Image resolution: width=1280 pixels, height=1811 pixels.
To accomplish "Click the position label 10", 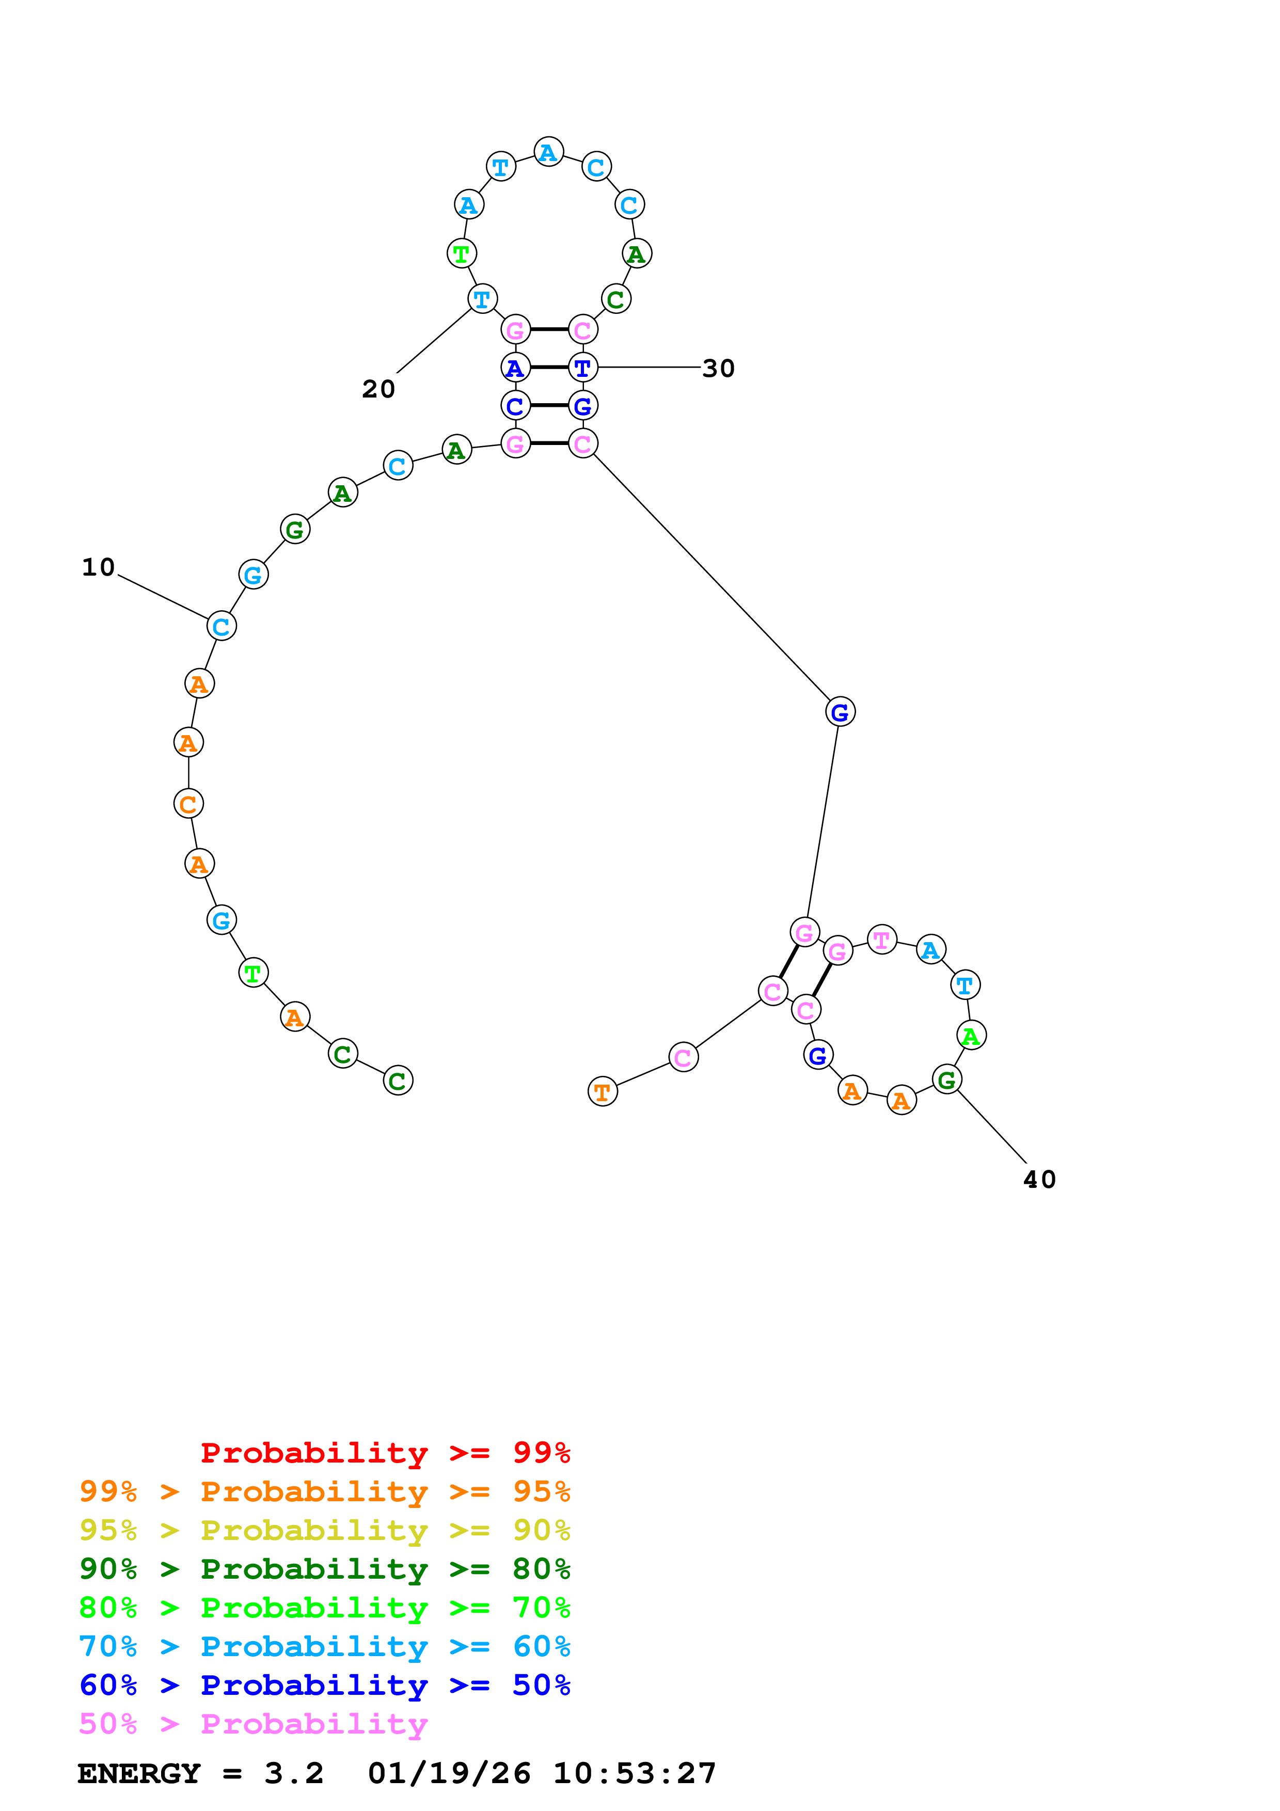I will [x=99, y=567].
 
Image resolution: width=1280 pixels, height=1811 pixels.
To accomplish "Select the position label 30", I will [x=718, y=369].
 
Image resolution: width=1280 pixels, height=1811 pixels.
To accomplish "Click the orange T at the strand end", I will [x=603, y=1092].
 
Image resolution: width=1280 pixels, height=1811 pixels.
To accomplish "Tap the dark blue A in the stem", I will [x=515, y=368].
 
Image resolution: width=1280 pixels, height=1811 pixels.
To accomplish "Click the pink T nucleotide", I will [x=882, y=940].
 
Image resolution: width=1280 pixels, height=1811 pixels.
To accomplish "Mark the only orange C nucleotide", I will [x=188, y=804].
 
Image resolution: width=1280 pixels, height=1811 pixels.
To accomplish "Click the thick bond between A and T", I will [x=549, y=368].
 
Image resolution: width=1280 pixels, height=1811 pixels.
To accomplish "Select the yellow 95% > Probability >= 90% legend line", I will [x=324, y=1530].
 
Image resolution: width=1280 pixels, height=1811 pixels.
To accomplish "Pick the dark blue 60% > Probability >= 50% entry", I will [x=324, y=1685].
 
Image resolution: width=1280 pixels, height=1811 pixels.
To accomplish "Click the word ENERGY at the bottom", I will [x=139, y=1773].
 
